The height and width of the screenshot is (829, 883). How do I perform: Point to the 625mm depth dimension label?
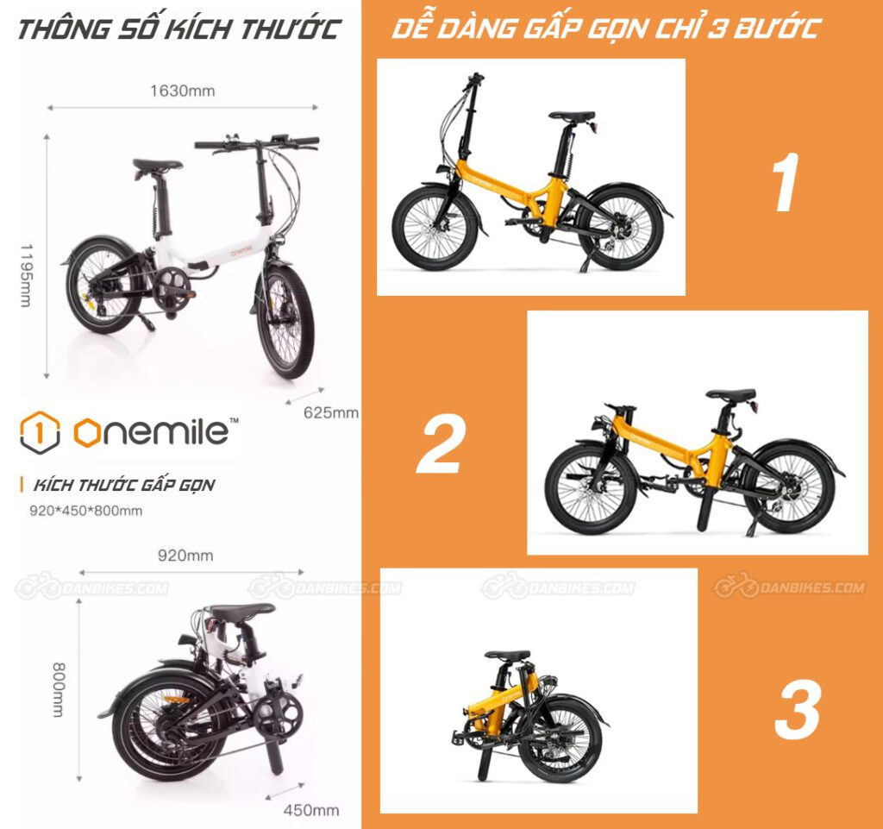coord(330,412)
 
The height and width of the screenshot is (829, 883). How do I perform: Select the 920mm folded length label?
coord(185,556)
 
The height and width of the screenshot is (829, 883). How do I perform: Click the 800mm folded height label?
coord(59,689)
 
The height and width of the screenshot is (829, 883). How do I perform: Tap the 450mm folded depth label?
coord(310,810)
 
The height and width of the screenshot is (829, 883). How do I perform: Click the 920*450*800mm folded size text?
coord(85,511)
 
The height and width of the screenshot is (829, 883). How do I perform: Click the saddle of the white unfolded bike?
coord(157,165)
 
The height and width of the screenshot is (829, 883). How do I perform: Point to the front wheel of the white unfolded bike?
coord(285,321)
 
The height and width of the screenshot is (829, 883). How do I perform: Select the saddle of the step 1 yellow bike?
coord(572,116)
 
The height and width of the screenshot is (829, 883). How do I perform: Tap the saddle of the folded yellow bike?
coord(507,655)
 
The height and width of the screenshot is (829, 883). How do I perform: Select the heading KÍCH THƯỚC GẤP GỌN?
coord(122,485)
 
